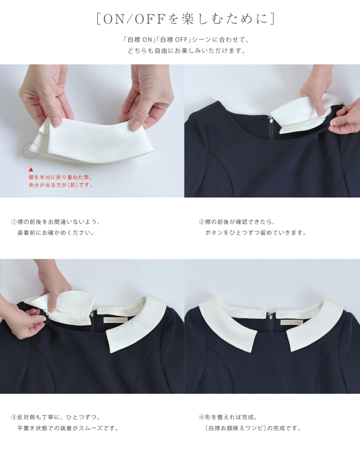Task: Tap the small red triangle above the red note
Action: point(31,170)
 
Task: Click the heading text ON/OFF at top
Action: point(134,19)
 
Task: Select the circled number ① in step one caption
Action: point(13,222)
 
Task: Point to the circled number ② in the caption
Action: point(201,222)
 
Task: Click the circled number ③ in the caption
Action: point(13,417)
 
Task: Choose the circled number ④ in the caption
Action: point(201,417)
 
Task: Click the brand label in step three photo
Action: point(115,319)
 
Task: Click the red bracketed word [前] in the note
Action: point(73,185)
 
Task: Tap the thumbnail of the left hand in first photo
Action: point(57,121)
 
